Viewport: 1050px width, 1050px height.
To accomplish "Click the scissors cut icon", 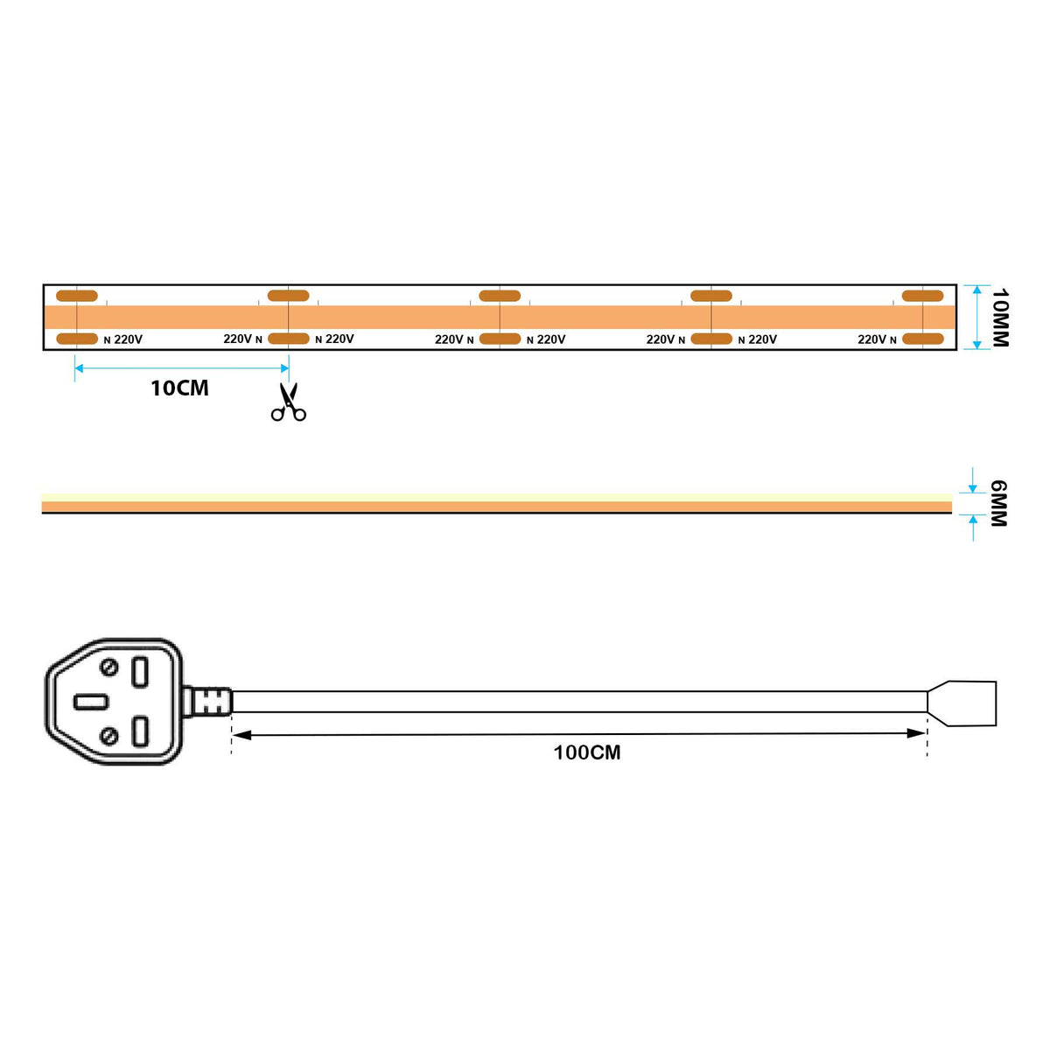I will [x=288, y=402].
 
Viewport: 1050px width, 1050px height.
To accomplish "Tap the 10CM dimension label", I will [x=179, y=388].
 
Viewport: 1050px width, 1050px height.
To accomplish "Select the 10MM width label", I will [x=999, y=318].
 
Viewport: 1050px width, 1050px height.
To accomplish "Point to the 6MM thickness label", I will [x=998, y=503].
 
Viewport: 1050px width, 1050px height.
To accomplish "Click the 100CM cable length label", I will [x=586, y=752].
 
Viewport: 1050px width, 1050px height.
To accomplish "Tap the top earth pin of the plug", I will [x=140, y=672].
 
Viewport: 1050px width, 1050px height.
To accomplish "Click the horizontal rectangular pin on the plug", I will [x=91, y=702].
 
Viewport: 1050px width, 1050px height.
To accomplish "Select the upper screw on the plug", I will [x=109, y=668].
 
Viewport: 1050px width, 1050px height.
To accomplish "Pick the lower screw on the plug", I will [x=109, y=736].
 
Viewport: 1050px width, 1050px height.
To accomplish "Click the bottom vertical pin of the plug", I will [x=140, y=731].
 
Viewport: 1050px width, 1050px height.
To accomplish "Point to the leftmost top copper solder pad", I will [x=77, y=296].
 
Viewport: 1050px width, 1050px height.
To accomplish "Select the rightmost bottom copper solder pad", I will [x=923, y=339].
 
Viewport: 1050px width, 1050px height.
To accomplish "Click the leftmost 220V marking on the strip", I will [x=128, y=339].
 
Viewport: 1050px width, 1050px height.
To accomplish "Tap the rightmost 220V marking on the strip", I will [x=871, y=339].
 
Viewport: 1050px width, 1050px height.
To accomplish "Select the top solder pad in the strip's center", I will [x=500, y=296].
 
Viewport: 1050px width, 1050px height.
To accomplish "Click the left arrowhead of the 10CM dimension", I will [x=79, y=368].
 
